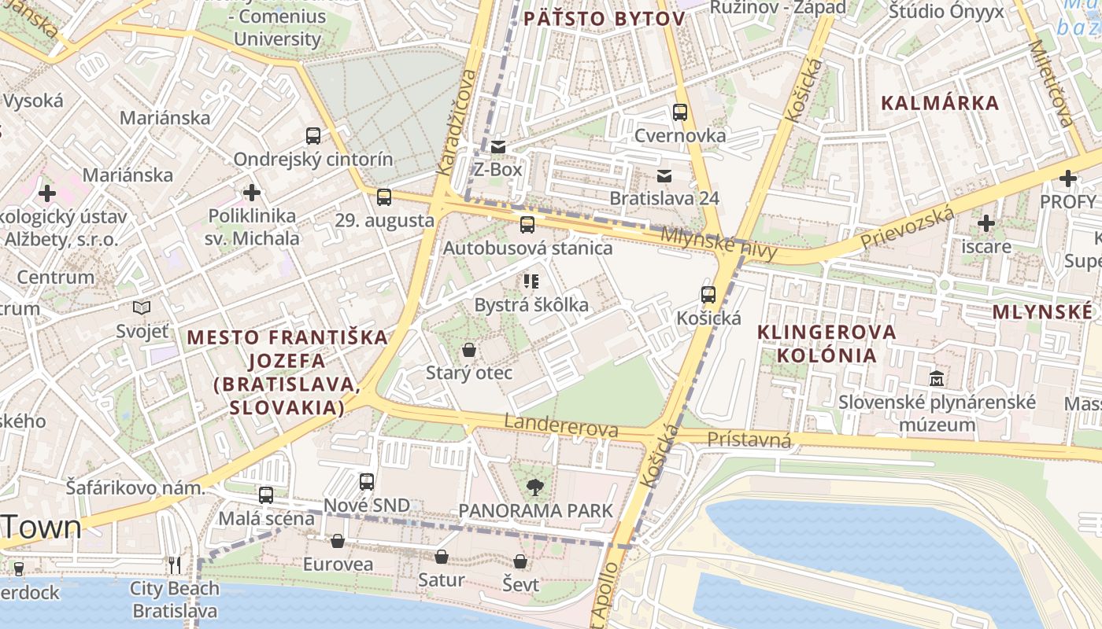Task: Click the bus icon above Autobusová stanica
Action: (x=527, y=225)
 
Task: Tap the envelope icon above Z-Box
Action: (x=497, y=146)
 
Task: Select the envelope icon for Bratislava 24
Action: (x=665, y=175)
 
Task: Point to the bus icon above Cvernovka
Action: (x=680, y=112)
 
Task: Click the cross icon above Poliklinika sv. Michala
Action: (x=252, y=192)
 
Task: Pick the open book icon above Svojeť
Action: (x=142, y=307)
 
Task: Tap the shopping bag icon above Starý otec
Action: (x=469, y=350)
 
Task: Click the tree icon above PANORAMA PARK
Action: (x=535, y=487)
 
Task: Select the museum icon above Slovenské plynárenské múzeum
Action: (x=937, y=378)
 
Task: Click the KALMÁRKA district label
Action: (x=940, y=103)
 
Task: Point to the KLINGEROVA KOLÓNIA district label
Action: (x=826, y=344)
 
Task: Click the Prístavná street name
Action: (x=749, y=440)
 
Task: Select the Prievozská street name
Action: (x=907, y=228)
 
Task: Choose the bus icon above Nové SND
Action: (x=367, y=482)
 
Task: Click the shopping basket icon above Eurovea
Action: (x=338, y=541)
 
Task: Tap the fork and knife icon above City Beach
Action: (x=175, y=565)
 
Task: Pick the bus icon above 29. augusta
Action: (x=384, y=197)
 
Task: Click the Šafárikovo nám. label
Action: (x=135, y=487)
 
